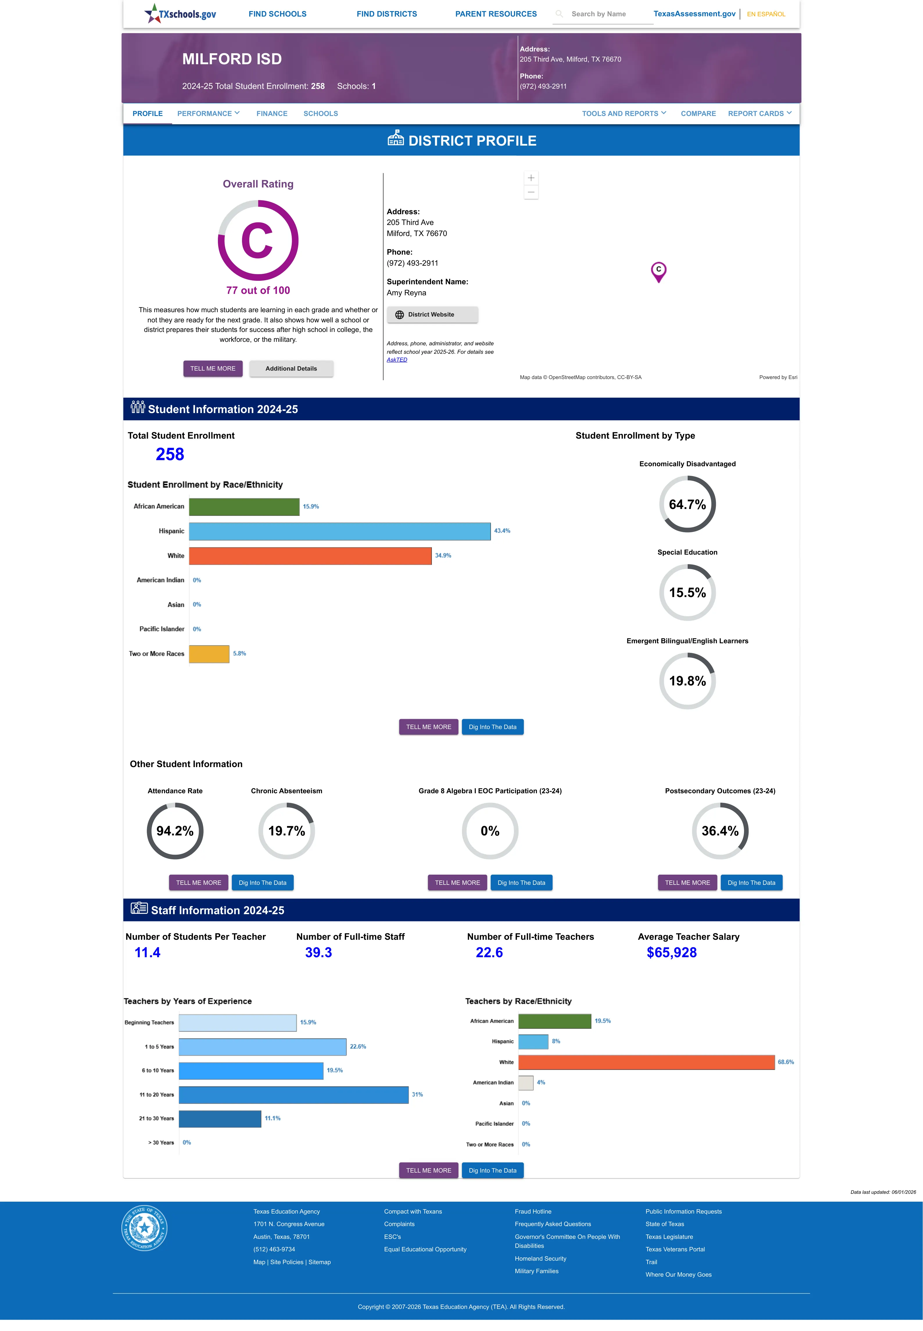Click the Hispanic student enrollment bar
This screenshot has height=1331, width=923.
339,531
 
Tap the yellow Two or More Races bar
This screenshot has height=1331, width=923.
209,654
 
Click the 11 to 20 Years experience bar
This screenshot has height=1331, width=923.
293,1094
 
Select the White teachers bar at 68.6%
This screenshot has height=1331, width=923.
646,1062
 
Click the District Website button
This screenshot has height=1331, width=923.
432,315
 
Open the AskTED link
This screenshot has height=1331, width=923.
397,360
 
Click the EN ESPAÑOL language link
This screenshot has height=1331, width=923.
766,14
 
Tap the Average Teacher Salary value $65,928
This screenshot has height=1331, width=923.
671,953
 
